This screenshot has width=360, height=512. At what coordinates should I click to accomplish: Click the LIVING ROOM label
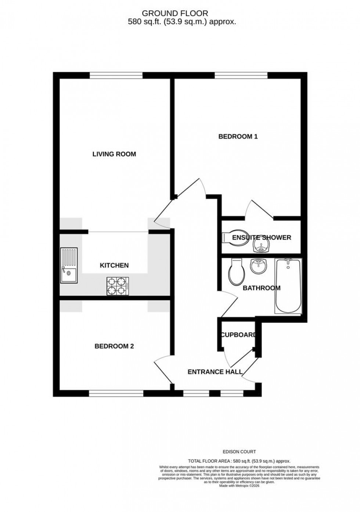click(x=114, y=154)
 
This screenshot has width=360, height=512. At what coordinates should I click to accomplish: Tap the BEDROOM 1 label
click(x=238, y=137)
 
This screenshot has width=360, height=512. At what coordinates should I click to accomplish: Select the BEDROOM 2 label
click(x=114, y=346)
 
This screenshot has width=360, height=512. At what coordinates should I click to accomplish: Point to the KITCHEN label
click(x=114, y=265)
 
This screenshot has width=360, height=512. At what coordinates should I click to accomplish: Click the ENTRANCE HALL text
click(x=215, y=372)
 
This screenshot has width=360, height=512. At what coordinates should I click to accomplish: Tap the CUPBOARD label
click(x=238, y=335)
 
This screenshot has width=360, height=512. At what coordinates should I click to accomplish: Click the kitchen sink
click(x=69, y=265)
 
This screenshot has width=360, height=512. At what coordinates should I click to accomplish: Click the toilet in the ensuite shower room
click(x=228, y=238)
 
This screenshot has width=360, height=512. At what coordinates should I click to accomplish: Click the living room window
click(x=116, y=75)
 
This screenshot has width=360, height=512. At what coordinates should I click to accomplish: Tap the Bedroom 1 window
click(x=241, y=75)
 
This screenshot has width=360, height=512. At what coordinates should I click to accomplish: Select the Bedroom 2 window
click(x=116, y=393)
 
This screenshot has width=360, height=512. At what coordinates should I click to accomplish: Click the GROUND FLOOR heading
click(x=175, y=14)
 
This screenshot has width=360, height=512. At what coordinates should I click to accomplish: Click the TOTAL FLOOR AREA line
click(x=239, y=461)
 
